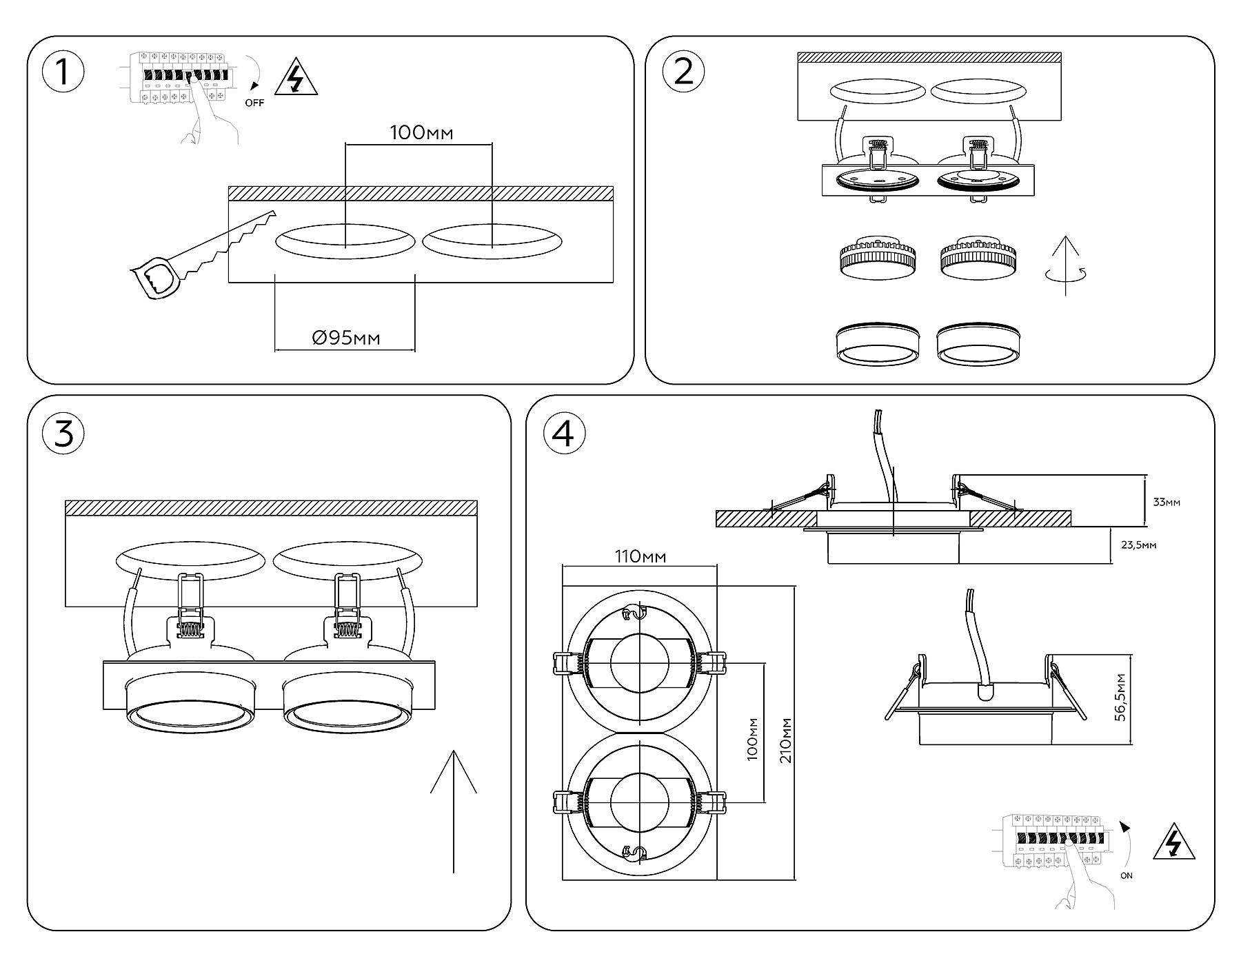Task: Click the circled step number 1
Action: click(x=63, y=72)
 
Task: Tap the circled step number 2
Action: click(x=683, y=72)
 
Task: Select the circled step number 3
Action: click(x=63, y=434)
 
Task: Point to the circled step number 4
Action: click(x=564, y=434)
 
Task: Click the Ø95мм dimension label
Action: click(x=346, y=338)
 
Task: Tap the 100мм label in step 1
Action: click(x=421, y=132)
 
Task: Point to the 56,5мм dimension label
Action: click(x=1121, y=698)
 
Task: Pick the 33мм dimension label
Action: click(x=1167, y=502)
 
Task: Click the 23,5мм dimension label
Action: click(x=1138, y=545)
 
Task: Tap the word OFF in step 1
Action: click(x=254, y=103)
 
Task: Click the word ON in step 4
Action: click(x=1127, y=876)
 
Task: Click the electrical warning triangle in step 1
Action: click(x=296, y=78)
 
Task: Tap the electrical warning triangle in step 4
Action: click(x=1173, y=842)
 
